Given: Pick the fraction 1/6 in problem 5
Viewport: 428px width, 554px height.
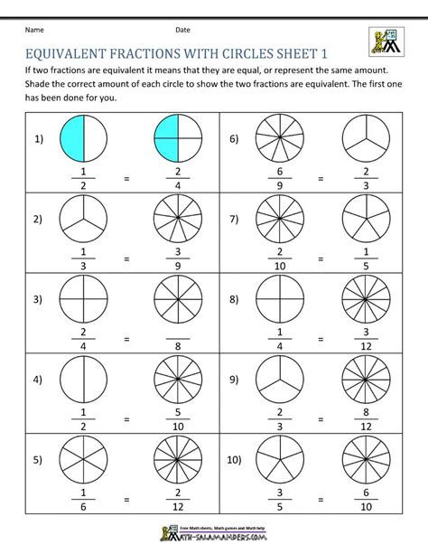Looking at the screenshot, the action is (x=84, y=499).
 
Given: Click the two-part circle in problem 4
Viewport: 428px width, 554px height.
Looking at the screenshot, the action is (x=84, y=376).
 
